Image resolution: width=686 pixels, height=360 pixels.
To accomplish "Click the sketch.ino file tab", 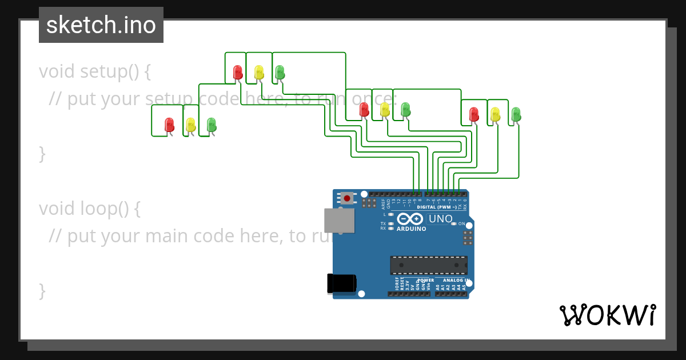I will click(x=101, y=25).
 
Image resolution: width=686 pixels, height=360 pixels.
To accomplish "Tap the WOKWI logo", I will click(x=607, y=315).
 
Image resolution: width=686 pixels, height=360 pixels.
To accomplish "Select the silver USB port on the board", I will click(x=339, y=221).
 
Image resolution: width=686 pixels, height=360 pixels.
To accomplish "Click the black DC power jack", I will click(x=341, y=284).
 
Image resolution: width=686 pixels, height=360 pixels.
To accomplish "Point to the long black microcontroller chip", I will click(x=428, y=265).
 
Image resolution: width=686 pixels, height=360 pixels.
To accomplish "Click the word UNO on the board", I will click(x=440, y=219).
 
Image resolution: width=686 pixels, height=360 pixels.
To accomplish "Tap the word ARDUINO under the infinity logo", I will click(x=412, y=229).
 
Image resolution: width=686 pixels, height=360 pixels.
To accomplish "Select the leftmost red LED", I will click(x=169, y=125).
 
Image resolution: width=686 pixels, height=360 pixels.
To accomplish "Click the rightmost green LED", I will click(x=516, y=114).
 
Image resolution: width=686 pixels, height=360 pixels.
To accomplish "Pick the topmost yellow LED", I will click(x=259, y=72).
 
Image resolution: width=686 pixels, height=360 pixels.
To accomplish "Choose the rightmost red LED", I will click(x=474, y=114).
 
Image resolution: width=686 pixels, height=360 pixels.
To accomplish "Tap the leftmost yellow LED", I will click(x=190, y=125).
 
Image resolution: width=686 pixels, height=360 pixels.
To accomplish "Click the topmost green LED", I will click(x=280, y=72).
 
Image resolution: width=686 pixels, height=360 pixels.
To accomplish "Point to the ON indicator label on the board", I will click(x=462, y=224).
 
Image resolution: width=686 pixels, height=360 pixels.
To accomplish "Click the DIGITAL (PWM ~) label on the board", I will click(x=437, y=207).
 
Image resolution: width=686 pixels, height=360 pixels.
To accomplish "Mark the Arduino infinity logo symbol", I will click(x=410, y=219).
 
